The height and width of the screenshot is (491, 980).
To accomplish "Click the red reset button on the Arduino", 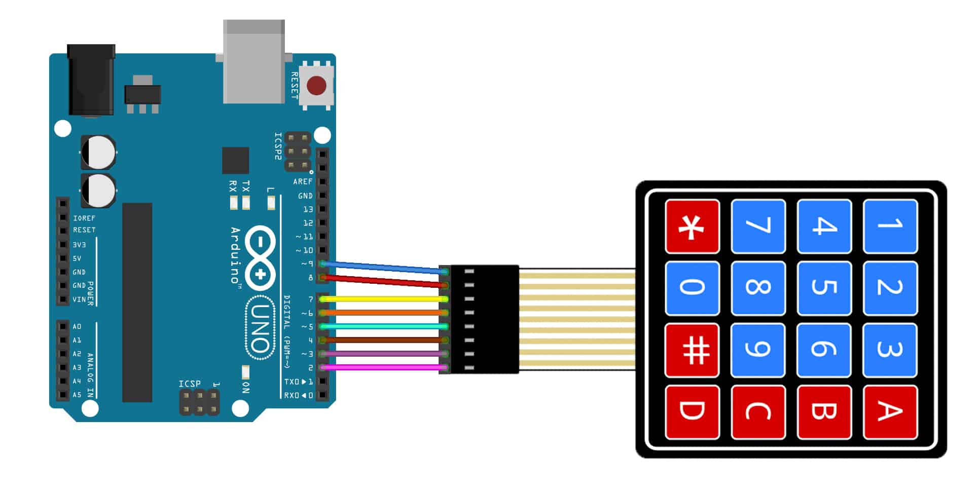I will tap(316, 86).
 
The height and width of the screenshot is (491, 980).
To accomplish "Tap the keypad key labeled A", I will tap(890, 411).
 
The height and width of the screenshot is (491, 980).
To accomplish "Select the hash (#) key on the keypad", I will tap(693, 350).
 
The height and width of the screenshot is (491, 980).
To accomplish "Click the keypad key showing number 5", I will tap(824, 288).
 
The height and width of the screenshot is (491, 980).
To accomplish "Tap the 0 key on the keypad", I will tap(693, 288).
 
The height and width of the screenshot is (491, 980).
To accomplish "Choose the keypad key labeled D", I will tap(693, 411).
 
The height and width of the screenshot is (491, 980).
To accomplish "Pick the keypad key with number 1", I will tap(890, 226).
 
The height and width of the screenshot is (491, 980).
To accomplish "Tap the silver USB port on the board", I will tap(253, 61).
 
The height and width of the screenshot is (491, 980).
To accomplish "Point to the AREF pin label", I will tap(302, 181).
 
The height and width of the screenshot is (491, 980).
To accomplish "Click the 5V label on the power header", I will tap(77, 258).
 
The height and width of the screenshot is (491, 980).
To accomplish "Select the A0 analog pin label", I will tap(77, 327).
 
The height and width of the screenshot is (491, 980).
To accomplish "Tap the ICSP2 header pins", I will tap(298, 152).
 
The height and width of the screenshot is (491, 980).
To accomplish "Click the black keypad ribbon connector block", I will tap(484, 319).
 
